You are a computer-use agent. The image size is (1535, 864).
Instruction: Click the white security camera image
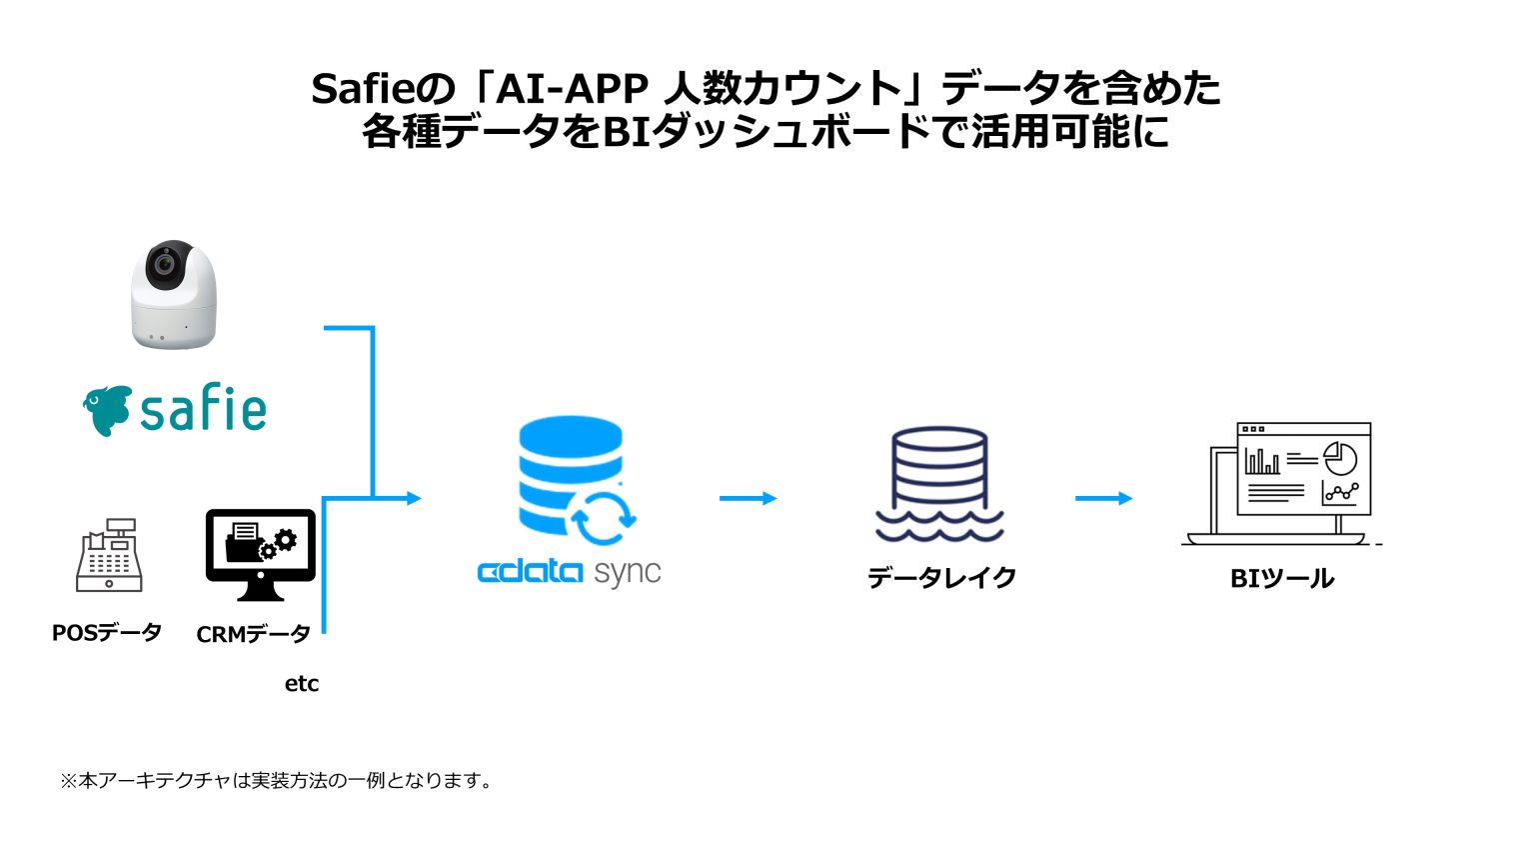click(x=174, y=296)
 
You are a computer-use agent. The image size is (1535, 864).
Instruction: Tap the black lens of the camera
click(x=166, y=265)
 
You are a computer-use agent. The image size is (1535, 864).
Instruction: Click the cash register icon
click(x=109, y=556)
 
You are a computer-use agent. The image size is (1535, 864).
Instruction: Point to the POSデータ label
click(x=107, y=633)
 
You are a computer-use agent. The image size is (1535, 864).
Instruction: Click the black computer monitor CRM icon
click(x=260, y=553)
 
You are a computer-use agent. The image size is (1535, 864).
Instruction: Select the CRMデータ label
click(x=254, y=635)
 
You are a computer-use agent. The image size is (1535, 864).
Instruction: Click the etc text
click(x=302, y=684)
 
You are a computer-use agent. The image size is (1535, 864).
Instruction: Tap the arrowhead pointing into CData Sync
click(x=414, y=498)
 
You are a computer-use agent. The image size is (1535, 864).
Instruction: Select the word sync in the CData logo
click(x=628, y=573)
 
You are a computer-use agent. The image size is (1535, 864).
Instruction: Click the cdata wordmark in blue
click(x=530, y=573)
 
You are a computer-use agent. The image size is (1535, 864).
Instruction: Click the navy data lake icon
click(x=939, y=485)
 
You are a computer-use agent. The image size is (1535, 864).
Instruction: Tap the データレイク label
click(x=941, y=578)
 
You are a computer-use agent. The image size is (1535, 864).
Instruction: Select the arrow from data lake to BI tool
click(x=1103, y=498)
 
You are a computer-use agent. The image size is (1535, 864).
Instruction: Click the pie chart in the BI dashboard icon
click(x=1340, y=459)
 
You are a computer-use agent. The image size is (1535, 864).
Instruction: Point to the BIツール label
click(x=1282, y=579)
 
